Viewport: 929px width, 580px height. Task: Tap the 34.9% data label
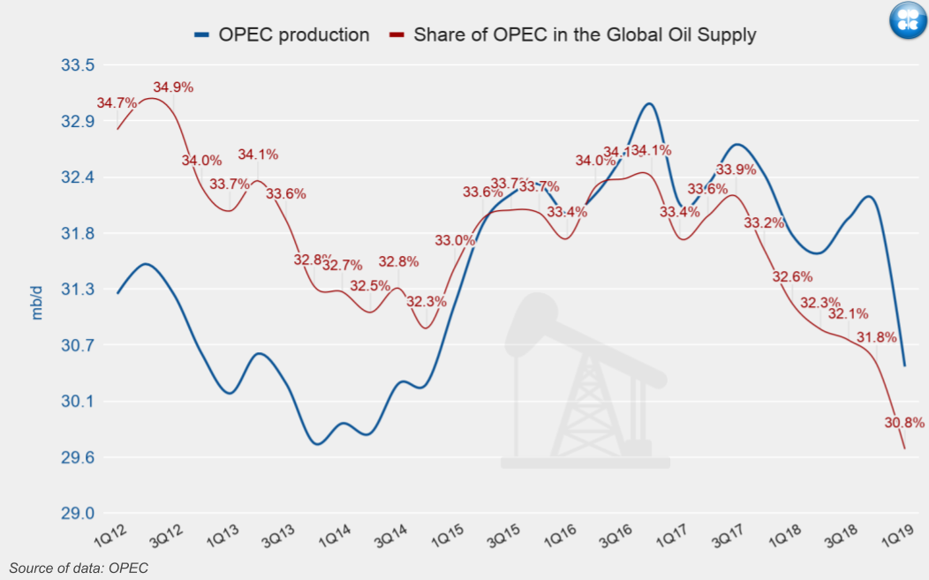(x=173, y=87)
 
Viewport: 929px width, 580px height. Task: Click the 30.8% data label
(x=903, y=423)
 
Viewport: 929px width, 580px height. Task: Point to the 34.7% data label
(x=117, y=103)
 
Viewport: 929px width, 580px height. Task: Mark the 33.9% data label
(x=736, y=169)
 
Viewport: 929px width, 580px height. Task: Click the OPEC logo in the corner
(x=907, y=21)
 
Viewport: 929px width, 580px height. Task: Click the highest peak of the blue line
(x=649, y=103)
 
